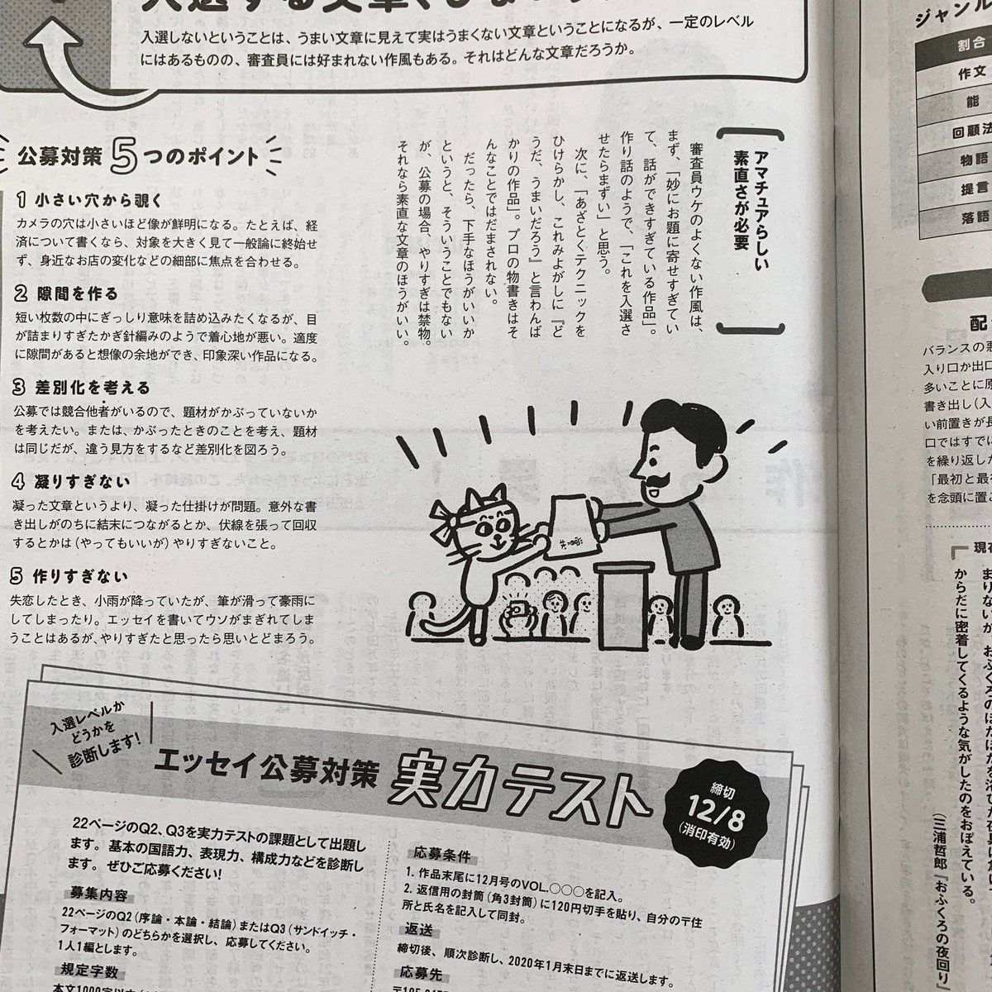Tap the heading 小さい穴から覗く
point(91,201)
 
